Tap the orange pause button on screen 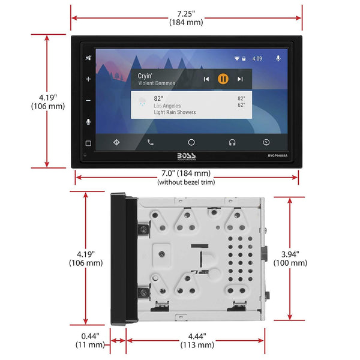coord(223,79)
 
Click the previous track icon coord(206,79)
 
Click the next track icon coord(239,79)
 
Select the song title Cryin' coord(145,76)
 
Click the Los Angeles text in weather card coord(171,105)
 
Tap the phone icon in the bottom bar coord(150,142)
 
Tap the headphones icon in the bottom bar coord(232,142)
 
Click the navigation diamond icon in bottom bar coord(116,142)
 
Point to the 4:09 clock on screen coord(257,59)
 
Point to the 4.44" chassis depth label coord(197,336)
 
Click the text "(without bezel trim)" coord(187,182)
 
